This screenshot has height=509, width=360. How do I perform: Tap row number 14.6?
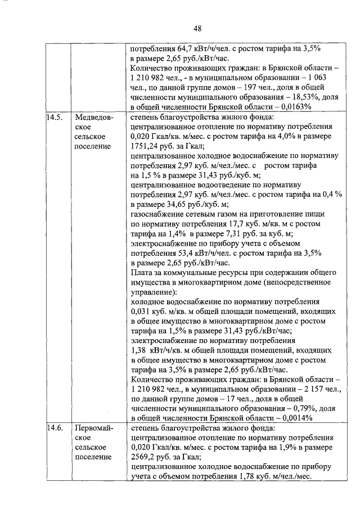point(55,429)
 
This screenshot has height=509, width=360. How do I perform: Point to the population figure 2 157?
point(305,388)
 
